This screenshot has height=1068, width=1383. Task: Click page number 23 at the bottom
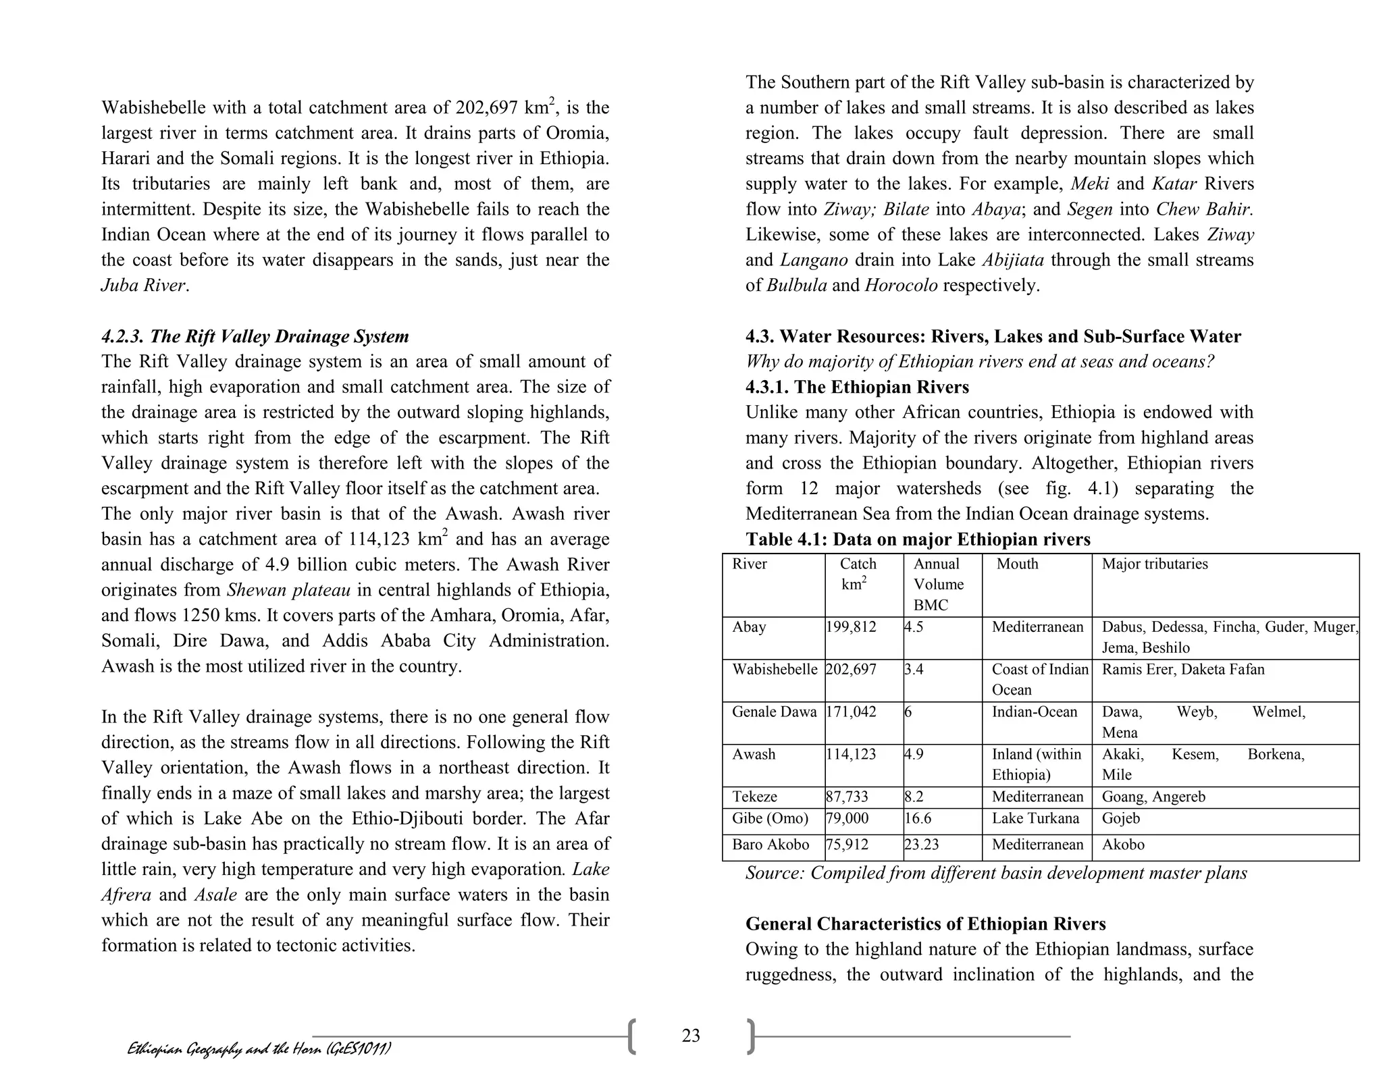(691, 1036)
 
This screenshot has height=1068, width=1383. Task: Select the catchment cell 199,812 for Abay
(851, 627)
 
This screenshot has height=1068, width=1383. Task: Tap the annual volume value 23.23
(922, 845)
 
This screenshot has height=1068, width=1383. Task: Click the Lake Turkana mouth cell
(1035, 819)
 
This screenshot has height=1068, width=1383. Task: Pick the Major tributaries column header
(1155, 564)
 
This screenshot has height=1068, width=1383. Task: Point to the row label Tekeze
(754, 797)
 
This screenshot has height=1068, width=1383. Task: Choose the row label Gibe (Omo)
(770, 819)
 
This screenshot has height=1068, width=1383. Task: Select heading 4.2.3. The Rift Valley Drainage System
(255, 336)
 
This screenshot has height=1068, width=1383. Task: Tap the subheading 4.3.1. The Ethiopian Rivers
(857, 388)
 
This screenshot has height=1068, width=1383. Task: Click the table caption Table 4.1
(918, 539)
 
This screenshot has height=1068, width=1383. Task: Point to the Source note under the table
(996, 874)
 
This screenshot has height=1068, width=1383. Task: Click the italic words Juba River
(143, 286)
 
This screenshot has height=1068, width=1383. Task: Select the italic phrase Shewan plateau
(288, 590)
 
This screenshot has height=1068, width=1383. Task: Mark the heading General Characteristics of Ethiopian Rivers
(925, 924)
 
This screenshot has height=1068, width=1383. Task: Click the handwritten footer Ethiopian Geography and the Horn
(259, 1048)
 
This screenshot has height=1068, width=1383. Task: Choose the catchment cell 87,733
(847, 797)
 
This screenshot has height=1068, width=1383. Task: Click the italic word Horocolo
(901, 286)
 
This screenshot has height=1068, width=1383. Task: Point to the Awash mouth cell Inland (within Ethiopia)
(1036, 765)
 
